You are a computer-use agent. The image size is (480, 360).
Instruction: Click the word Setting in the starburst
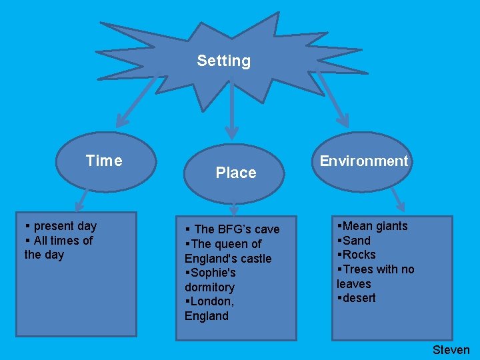click(223, 61)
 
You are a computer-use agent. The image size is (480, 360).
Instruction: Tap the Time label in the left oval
click(104, 161)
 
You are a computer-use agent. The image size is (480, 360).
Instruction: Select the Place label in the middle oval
click(235, 173)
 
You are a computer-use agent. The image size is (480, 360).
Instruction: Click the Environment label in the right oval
click(363, 161)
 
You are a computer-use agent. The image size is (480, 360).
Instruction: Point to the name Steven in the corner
click(451, 350)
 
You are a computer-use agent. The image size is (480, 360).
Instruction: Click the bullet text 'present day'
click(64, 226)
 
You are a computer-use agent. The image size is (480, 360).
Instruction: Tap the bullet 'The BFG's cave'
click(236, 229)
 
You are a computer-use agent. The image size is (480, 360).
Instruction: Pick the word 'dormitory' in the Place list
click(209, 287)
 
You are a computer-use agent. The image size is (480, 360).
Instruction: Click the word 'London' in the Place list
click(210, 302)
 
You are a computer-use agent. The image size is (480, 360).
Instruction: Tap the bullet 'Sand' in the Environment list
click(356, 241)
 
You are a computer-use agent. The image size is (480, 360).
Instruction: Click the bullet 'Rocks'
click(359, 255)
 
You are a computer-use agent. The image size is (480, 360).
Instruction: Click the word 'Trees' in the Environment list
click(358, 269)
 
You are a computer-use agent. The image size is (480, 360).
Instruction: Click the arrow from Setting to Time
click(137, 103)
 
